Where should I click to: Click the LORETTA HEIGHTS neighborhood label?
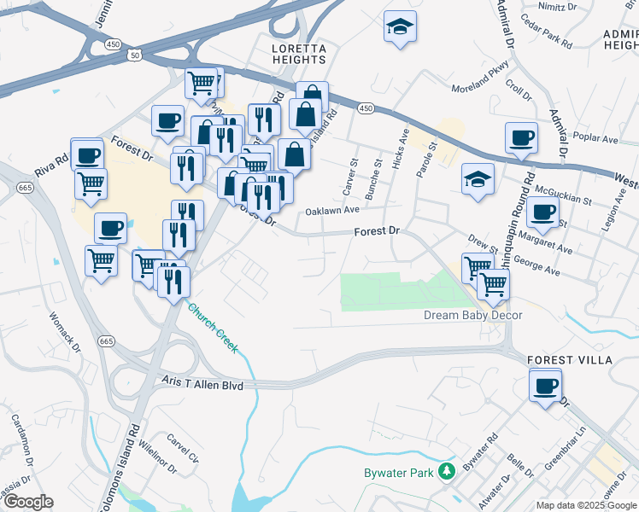coord(298,54)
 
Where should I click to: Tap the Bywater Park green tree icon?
coord(445,470)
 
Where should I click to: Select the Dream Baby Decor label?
coord(472,316)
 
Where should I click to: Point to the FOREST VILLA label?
coord(570,360)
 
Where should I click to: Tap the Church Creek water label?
coord(213,329)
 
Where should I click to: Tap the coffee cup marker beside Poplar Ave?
coord(521,137)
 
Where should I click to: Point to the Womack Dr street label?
coord(64,330)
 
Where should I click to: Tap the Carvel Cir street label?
coord(183,450)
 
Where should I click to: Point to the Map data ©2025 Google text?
coord(586,505)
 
